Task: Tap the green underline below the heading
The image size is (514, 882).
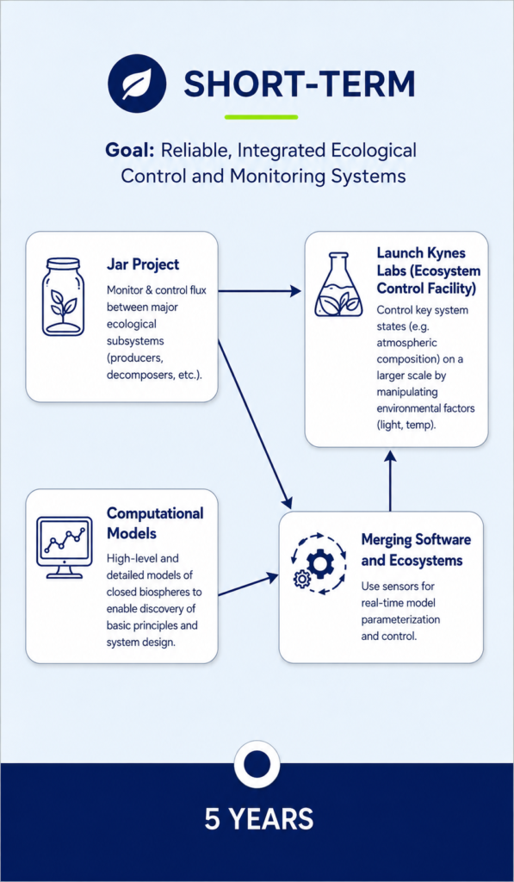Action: coord(261,117)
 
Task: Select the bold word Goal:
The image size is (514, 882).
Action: coord(130,152)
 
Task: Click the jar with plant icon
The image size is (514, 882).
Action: coord(63,297)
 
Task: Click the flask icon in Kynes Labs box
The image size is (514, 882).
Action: coord(339,287)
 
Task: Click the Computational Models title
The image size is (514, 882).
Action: coord(155,523)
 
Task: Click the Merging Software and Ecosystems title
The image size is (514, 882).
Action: coord(416,550)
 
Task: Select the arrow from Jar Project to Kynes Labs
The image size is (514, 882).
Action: coord(259,291)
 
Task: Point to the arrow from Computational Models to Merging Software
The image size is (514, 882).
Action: coord(249,585)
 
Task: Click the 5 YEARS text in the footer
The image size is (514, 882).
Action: coord(258,819)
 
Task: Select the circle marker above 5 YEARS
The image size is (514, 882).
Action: coord(257,764)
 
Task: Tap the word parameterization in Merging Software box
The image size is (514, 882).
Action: coord(400,621)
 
